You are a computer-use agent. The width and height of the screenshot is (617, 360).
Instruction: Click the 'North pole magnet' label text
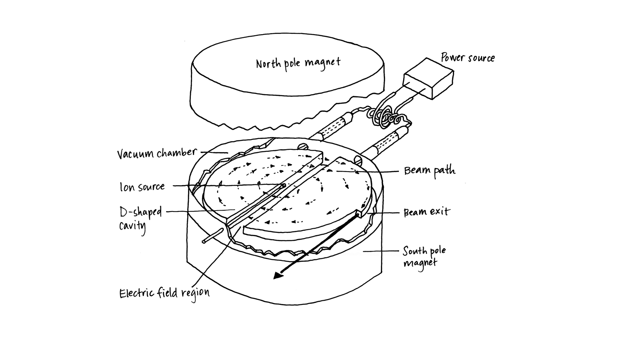point(298,63)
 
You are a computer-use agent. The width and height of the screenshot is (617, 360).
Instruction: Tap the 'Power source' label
point(468,58)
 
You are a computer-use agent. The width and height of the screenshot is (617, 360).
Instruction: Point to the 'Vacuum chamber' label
point(157,153)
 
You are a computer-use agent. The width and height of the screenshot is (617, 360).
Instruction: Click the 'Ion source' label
point(142,187)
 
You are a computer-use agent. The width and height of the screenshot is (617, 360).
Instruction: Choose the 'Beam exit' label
point(427,212)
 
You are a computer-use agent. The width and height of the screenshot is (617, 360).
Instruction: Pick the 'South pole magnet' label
point(424,256)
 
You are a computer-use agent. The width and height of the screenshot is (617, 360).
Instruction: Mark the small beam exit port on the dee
point(358,214)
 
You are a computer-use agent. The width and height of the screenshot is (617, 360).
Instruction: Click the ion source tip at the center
point(283,186)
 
